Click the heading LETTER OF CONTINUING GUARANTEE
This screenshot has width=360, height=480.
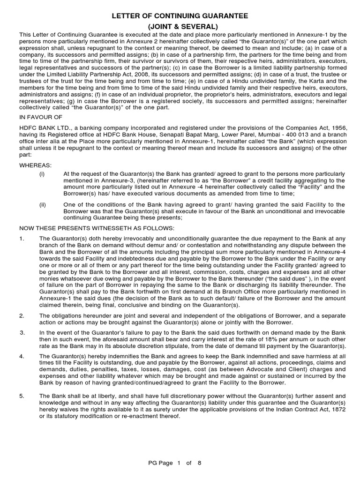180,16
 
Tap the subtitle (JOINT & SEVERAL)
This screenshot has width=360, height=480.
180,27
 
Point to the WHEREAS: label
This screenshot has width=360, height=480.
36,165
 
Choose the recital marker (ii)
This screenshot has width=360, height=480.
42,204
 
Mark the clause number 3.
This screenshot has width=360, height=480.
22,332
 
